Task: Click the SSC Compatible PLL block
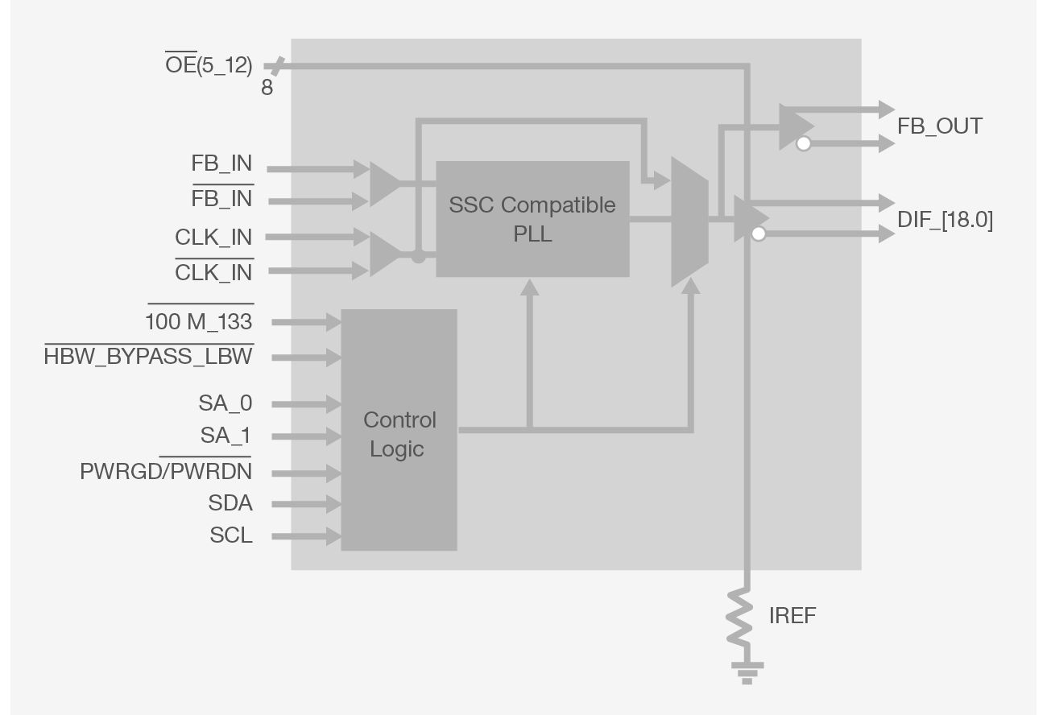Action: [x=532, y=219]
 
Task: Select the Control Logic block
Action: [x=399, y=430]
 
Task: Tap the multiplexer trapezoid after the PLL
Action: [x=689, y=221]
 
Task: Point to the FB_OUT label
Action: [x=940, y=126]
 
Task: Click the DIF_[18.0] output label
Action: [x=945, y=220]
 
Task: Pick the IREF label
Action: [x=792, y=616]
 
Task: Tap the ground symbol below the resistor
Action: [x=747, y=670]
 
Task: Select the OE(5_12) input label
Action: [x=209, y=65]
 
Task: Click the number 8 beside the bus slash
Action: [x=267, y=88]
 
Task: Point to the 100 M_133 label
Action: [x=198, y=322]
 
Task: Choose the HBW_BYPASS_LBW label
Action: [x=148, y=357]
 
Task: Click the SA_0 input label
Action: [x=225, y=403]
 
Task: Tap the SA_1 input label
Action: [x=226, y=436]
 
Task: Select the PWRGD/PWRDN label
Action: [x=165, y=471]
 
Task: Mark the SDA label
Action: [x=230, y=504]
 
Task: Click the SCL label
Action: [x=231, y=535]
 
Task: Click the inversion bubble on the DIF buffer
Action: [x=758, y=234]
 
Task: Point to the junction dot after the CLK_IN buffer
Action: [x=418, y=257]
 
